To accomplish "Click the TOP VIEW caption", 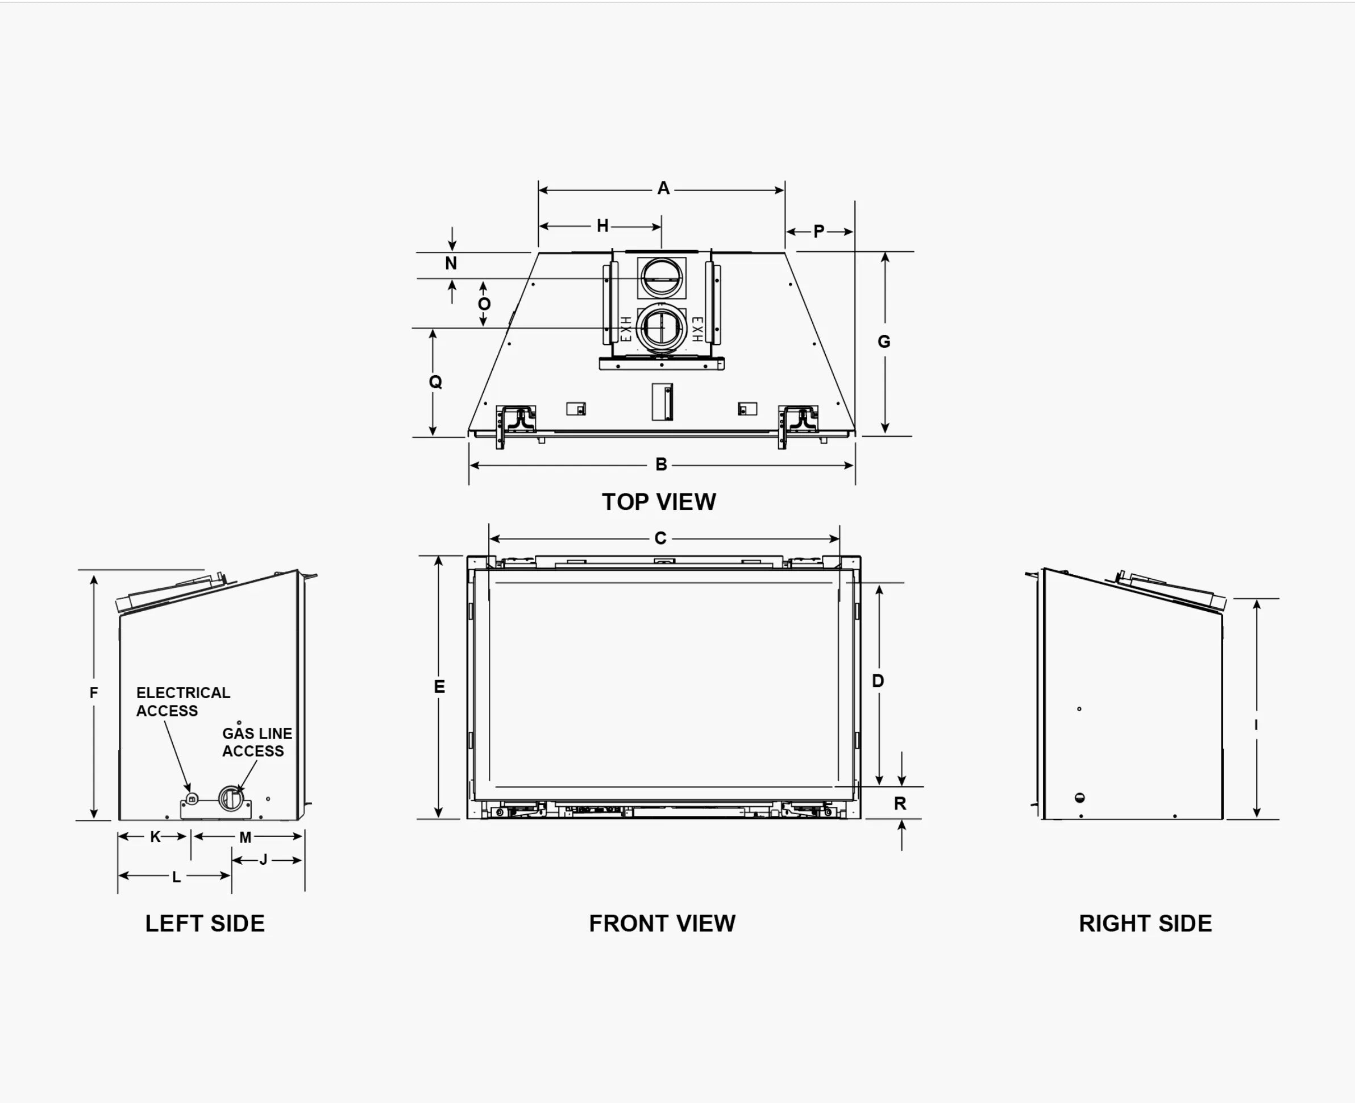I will (659, 502).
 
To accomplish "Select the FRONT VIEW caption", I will (662, 923).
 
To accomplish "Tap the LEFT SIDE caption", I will (205, 923).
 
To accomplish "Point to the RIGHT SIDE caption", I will (1145, 923).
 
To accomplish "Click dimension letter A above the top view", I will (663, 188).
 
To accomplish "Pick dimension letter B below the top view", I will (661, 465).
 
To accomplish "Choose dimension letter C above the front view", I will (660, 538).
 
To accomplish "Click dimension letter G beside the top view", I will (884, 342).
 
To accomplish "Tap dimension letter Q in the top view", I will (435, 382).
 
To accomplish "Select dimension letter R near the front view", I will (900, 803).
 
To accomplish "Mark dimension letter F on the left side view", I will (94, 693).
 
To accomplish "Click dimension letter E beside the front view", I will (439, 686).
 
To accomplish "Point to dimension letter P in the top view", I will (819, 231).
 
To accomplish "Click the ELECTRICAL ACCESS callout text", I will (183, 702).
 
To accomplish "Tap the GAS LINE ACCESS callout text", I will (257, 742).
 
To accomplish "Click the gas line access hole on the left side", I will (231, 798).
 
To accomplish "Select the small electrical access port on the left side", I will (193, 799).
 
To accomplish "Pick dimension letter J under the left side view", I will (264, 860).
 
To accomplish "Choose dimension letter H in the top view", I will (603, 226).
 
